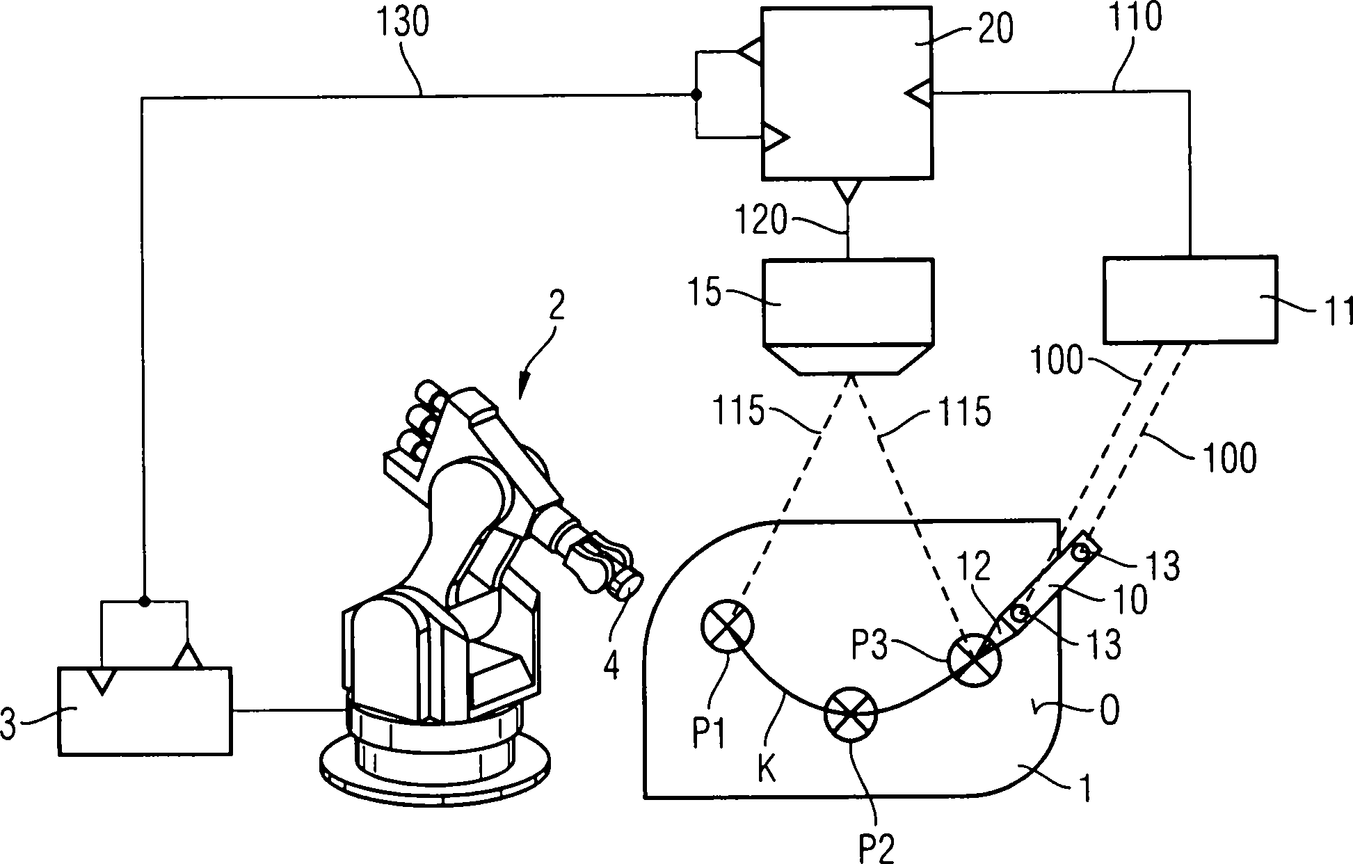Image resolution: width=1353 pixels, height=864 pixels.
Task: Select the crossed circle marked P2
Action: (x=851, y=714)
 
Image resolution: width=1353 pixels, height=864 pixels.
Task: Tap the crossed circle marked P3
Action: (x=974, y=658)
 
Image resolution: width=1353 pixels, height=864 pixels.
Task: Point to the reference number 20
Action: (x=995, y=30)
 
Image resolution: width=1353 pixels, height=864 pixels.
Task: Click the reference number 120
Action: (x=762, y=221)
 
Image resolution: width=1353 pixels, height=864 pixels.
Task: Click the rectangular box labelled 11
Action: (x=1190, y=299)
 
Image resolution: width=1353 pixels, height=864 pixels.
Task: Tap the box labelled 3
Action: (x=145, y=711)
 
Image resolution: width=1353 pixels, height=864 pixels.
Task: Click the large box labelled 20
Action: (x=847, y=94)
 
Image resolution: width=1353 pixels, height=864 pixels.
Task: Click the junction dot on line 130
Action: (x=694, y=95)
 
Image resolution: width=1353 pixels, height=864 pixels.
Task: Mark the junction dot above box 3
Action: (x=143, y=601)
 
